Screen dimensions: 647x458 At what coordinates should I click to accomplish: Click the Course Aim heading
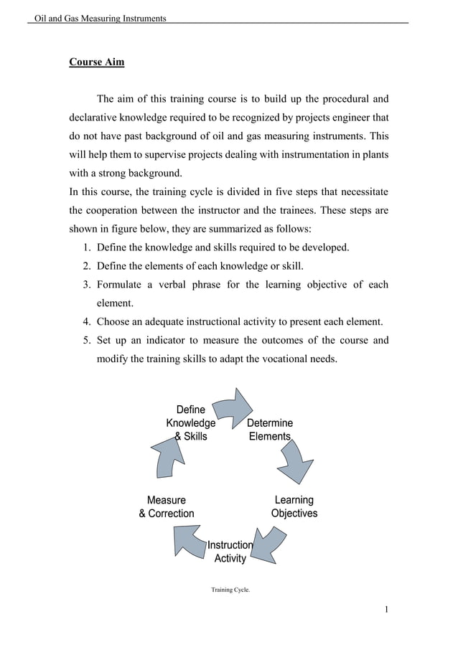96,62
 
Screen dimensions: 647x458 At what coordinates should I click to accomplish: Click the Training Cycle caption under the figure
230,590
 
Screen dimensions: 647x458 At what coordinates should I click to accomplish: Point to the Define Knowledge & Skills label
190,423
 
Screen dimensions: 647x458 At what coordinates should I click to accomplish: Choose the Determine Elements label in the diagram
270,430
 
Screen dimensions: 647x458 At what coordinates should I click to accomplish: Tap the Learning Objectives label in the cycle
294,506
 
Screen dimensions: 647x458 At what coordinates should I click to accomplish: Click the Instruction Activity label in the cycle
230,552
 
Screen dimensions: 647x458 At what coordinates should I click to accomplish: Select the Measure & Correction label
166,506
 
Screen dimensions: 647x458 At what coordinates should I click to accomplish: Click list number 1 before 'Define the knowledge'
85,247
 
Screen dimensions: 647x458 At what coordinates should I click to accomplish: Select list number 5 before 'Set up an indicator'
85,340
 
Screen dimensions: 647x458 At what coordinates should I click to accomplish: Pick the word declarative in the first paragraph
95,117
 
